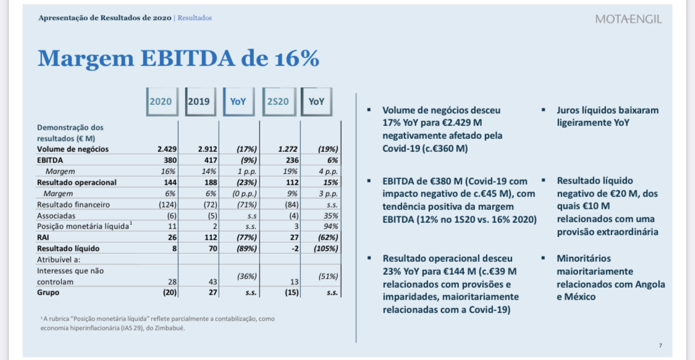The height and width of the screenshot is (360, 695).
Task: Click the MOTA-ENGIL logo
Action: tap(628, 19)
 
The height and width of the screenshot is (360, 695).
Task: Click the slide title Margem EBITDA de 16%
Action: tap(179, 59)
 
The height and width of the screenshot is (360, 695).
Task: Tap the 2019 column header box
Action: tap(198, 101)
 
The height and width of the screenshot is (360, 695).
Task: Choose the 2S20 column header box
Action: tap(277, 101)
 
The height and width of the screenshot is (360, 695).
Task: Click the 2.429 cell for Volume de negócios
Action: tap(167, 149)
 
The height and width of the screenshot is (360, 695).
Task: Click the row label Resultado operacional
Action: tap(77, 182)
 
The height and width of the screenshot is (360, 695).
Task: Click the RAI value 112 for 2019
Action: tap(209, 238)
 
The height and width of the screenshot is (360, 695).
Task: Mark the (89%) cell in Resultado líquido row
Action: tap(246, 249)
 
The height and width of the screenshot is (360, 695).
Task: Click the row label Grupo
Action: tap(49, 293)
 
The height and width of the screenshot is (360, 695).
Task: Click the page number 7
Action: tap(660, 345)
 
